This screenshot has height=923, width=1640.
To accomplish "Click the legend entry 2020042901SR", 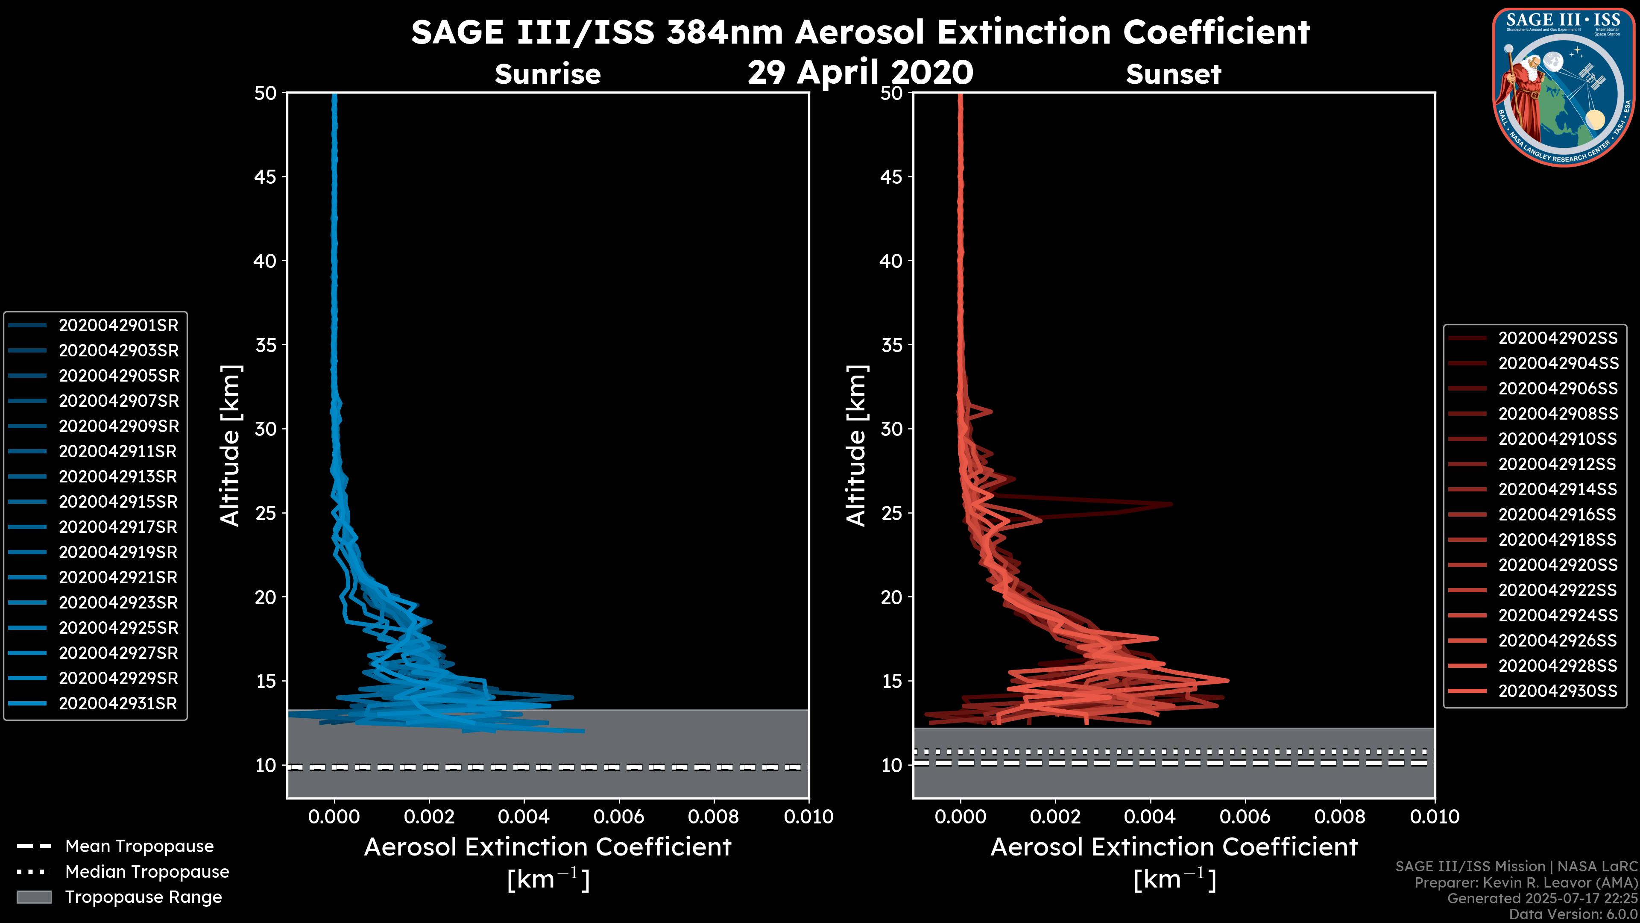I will [118, 326].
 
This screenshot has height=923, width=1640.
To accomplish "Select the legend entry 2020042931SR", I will [118, 704].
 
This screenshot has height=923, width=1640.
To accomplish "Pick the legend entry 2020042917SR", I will [118, 527].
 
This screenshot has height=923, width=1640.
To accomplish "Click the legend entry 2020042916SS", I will [1557, 514].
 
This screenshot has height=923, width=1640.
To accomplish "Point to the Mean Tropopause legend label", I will [139, 847].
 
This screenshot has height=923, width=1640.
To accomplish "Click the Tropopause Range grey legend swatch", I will [34, 897].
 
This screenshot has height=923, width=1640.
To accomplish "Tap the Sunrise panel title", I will [548, 74].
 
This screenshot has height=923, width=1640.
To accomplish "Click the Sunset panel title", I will [1173, 74].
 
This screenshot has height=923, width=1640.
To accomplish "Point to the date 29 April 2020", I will [860, 73].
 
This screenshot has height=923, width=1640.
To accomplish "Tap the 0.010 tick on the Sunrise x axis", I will [808, 817].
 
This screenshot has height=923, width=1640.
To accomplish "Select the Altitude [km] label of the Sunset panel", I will [856, 446].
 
